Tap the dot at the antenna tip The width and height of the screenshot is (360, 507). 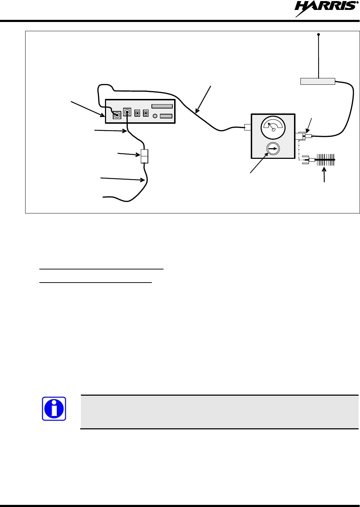319,34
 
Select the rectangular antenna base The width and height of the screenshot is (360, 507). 317,82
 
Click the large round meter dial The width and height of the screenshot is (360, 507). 273,128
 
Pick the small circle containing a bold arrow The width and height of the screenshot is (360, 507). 273,149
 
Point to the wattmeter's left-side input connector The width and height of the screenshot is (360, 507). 248,127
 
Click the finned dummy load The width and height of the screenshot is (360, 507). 325,160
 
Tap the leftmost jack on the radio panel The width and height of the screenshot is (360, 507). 117,115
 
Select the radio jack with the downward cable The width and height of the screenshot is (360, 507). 127,112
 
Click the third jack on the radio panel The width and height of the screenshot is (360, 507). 137,113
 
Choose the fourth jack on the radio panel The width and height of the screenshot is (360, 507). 146,113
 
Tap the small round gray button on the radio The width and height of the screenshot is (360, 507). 155,116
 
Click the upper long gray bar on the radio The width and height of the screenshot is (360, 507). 162,106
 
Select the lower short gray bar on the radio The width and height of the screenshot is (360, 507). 166,116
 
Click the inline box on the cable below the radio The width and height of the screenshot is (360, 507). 144,156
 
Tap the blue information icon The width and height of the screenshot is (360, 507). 54,409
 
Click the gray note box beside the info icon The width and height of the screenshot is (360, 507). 219,412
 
